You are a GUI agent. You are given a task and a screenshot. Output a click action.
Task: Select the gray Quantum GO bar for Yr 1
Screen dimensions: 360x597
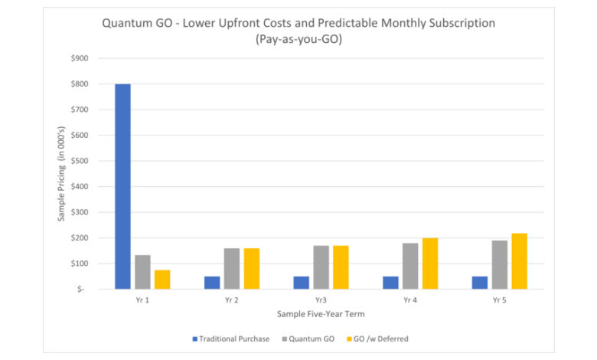click(142, 272)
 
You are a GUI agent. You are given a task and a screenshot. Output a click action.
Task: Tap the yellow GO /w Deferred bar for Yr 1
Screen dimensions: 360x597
click(161, 280)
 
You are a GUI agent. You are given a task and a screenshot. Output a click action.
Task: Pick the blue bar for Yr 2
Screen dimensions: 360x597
click(212, 283)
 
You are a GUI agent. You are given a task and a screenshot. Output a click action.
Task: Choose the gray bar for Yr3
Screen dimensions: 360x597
click(321, 267)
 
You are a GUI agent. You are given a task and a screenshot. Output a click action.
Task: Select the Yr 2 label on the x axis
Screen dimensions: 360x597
click(231, 300)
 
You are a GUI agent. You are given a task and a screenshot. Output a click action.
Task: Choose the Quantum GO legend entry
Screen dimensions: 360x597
click(311, 339)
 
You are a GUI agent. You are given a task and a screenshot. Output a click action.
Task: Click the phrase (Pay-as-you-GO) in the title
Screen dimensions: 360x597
click(298, 38)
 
